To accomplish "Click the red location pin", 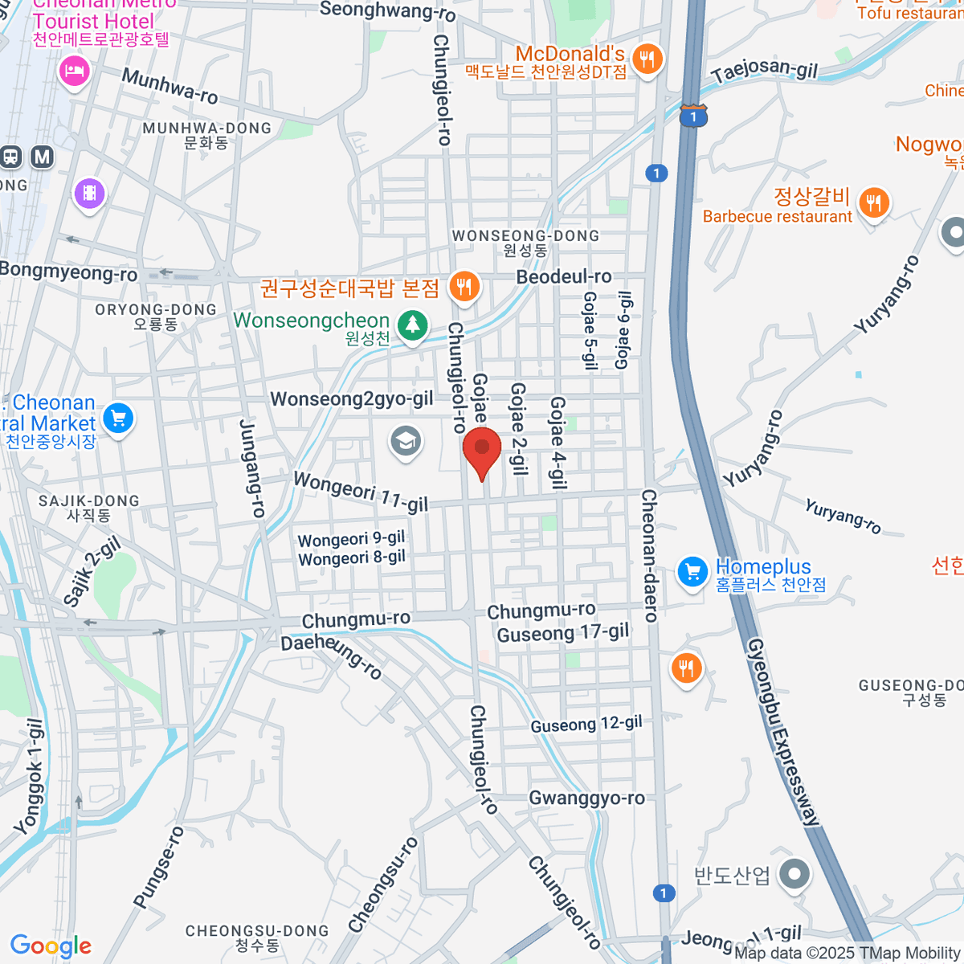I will tap(482, 451).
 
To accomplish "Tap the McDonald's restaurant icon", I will tap(647, 59).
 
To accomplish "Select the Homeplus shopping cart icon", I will tap(692, 572).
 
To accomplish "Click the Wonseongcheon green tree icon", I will tap(413, 325).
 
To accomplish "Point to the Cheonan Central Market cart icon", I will tap(118, 418).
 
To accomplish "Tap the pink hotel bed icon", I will tap(74, 71).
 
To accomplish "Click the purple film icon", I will tap(89, 194).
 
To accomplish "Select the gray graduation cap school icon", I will tap(406, 441).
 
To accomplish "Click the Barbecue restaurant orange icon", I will tap(874, 202).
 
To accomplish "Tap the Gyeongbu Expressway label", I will tap(783, 731).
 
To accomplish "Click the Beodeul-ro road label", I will tap(564, 276).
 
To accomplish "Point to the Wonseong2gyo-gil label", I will tap(352, 398).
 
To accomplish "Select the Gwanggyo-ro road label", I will tap(586, 798).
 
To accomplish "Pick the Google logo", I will tap(51, 946).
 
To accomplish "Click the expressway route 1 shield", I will tap(692, 116).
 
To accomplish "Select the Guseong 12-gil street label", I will tap(586, 724).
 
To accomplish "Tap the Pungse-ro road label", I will tap(158, 868).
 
